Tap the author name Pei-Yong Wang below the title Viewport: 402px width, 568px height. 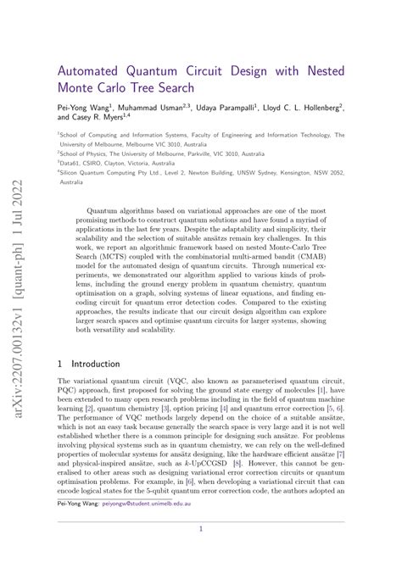[x=89, y=109]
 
